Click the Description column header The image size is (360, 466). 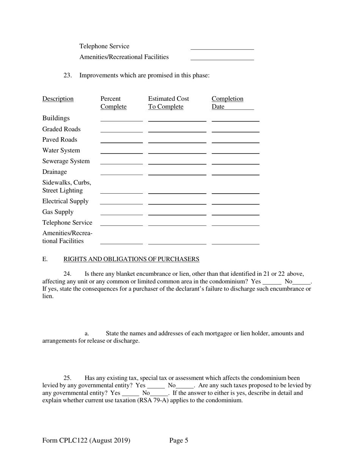58,99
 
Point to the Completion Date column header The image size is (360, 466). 227,103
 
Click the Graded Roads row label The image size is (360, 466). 61,129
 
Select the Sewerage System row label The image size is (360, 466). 66,161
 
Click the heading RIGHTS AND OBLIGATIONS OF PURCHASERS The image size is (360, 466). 131,259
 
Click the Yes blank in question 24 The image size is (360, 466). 272,282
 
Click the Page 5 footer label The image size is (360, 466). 179,440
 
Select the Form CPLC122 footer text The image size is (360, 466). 86,440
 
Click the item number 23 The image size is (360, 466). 67,75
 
